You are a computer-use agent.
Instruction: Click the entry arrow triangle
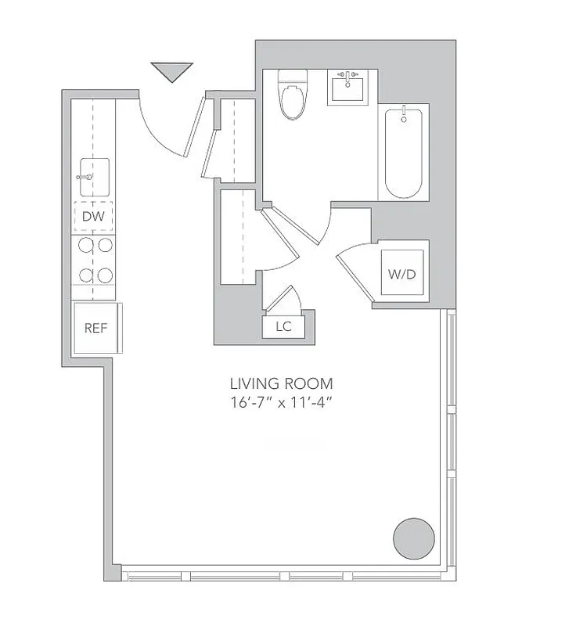click(171, 72)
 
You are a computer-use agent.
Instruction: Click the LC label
click(283, 327)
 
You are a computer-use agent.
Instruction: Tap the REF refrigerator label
click(95, 328)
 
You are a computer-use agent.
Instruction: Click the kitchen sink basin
click(94, 178)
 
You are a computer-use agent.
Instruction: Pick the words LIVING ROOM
click(281, 383)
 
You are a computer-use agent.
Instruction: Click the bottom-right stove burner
click(105, 275)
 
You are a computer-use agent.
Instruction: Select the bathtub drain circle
click(404, 120)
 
